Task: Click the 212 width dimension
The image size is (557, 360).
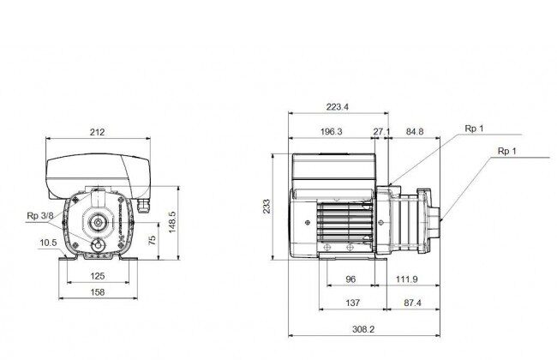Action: tap(98, 132)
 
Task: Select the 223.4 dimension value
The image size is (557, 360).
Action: tap(338, 106)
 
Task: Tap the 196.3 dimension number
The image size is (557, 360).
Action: tap(332, 131)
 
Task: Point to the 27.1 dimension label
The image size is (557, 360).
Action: tap(381, 131)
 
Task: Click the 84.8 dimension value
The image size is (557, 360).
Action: tap(415, 131)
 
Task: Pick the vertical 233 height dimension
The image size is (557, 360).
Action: tap(267, 206)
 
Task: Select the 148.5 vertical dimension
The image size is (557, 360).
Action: tap(172, 222)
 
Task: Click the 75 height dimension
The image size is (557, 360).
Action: tap(153, 240)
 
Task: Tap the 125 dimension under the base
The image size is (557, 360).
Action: tap(98, 276)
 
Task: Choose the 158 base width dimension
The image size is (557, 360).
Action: tap(98, 292)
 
